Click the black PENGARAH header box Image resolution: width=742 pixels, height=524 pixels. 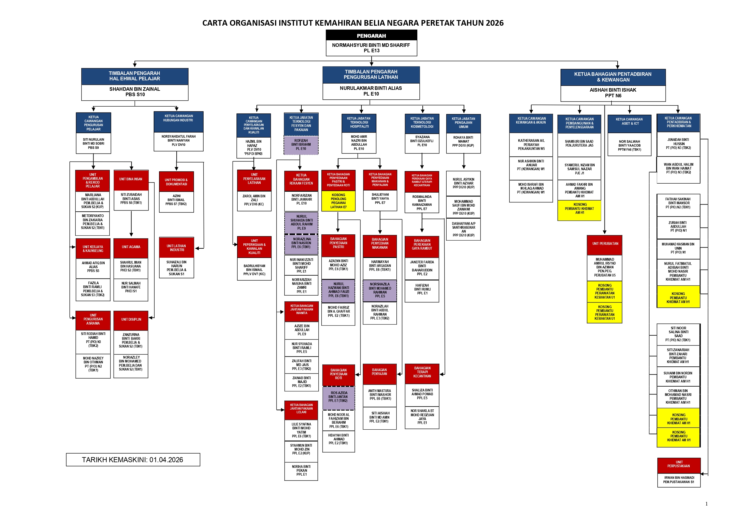pyautogui.click(x=371, y=35)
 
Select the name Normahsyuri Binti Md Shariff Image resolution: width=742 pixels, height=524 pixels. pyautogui.click(x=371, y=45)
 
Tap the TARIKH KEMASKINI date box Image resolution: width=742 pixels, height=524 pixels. pyautogui.click(x=133, y=460)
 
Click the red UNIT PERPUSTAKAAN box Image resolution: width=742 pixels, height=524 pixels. pyautogui.click(x=679, y=464)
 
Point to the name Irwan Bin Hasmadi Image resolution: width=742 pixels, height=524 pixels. pyautogui.click(x=679, y=477)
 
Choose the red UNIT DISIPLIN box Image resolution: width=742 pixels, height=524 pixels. pyautogui.click(x=131, y=320)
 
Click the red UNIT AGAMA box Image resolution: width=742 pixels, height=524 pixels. pyautogui.click(x=131, y=247)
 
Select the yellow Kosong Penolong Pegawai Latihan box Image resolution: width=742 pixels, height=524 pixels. pyautogui.click(x=338, y=201)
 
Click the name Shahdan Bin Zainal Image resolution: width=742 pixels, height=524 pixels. pyautogui.click(x=135, y=89)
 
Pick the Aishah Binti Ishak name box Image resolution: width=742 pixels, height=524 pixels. pyautogui.click(x=613, y=93)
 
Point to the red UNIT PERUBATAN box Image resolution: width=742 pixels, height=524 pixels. pyautogui.click(x=605, y=244)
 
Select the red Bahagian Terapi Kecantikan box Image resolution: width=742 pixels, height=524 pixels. pyautogui.click(x=422, y=372)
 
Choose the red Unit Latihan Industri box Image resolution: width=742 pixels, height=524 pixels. pyautogui.click(x=176, y=248)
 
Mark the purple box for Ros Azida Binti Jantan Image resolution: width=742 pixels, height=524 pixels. pyautogui.click(x=338, y=397)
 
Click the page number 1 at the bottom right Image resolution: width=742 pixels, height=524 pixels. pyautogui.click(x=706, y=504)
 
